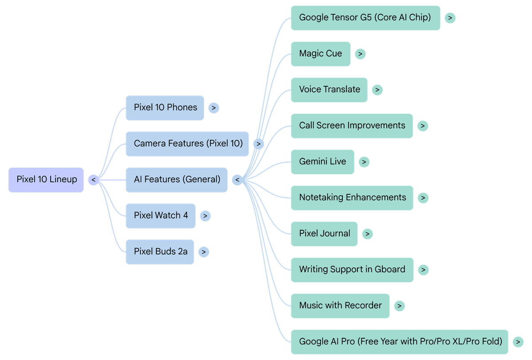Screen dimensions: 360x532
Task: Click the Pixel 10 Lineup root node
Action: point(46,180)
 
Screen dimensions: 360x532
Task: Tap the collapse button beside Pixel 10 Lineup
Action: point(94,180)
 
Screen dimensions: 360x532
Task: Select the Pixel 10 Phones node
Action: point(165,108)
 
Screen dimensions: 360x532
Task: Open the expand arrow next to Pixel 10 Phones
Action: point(214,108)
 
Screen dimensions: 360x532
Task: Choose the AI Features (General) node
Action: point(176,180)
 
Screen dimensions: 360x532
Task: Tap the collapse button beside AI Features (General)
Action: point(238,180)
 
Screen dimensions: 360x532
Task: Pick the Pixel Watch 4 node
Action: point(160,216)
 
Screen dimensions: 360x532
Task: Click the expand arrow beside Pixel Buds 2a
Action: point(203,252)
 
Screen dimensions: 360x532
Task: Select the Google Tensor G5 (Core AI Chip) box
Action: point(365,18)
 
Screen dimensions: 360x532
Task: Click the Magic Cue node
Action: point(320,54)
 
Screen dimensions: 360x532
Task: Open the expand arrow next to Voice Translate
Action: point(377,90)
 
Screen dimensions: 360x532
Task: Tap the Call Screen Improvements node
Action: point(352,126)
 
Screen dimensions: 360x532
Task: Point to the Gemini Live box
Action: point(322,162)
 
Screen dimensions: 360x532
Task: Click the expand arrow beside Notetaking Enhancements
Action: point(423,198)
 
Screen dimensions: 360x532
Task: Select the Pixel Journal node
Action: point(324,234)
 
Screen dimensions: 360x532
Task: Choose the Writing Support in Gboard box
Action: point(352,269)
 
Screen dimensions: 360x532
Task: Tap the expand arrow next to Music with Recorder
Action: point(399,306)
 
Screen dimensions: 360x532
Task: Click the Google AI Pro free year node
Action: point(400,341)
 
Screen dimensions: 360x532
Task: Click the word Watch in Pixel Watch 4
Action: point(168,216)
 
